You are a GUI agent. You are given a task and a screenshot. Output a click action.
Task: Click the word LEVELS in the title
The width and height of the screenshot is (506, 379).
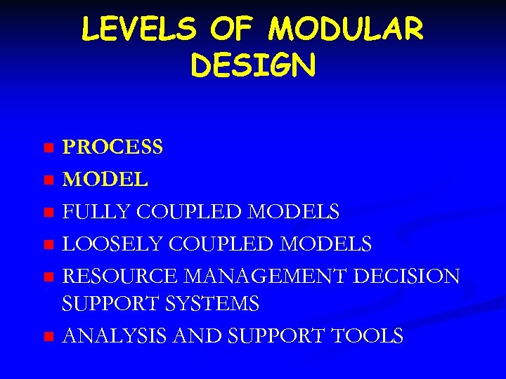[x=134, y=29]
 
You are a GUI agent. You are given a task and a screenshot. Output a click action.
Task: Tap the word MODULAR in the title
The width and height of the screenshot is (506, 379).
[x=346, y=29]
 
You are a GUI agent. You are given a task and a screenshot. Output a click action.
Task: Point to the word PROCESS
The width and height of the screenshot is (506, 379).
[x=113, y=147]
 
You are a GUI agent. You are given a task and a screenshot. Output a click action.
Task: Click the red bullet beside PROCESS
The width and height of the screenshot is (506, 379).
[x=48, y=148]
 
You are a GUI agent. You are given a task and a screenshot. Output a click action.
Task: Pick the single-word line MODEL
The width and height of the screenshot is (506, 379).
[x=105, y=180]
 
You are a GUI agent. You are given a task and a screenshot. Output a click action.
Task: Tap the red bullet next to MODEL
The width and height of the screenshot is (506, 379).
[x=48, y=180]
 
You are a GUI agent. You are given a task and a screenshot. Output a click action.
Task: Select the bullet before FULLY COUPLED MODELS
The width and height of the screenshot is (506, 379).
[x=48, y=212]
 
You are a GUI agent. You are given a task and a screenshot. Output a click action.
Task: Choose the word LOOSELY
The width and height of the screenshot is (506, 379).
[x=108, y=244]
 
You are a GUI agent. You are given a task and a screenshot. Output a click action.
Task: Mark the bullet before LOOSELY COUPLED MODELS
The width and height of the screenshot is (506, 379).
[x=48, y=245]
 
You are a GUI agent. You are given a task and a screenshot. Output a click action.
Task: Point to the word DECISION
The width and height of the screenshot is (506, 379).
[x=407, y=277]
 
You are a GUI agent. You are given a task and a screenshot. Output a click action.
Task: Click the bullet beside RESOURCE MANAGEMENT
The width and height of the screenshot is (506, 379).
[x=48, y=277]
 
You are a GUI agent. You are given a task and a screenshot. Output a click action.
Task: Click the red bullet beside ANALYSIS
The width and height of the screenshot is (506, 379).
[x=48, y=337]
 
